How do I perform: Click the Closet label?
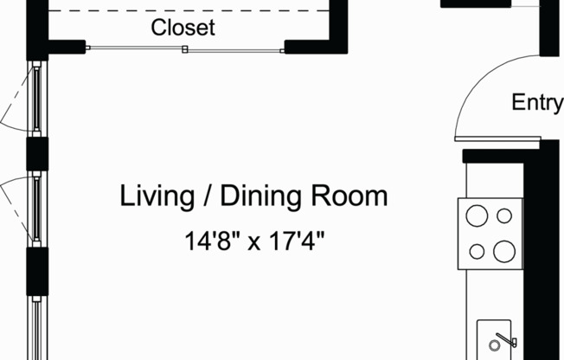click(x=183, y=27)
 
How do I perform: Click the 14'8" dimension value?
click(x=211, y=241)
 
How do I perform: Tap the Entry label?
click(x=537, y=102)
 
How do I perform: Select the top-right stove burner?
click(x=504, y=215)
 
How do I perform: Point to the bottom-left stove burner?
click(x=477, y=252)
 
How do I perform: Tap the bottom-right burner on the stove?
click(x=503, y=252)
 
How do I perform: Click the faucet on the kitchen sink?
click(x=505, y=338)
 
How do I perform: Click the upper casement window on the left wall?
click(x=37, y=100)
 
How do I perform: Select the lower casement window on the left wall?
click(x=37, y=208)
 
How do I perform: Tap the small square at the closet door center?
click(x=184, y=50)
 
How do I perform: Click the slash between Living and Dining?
click(x=207, y=196)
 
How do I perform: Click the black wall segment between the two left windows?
click(x=37, y=154)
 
